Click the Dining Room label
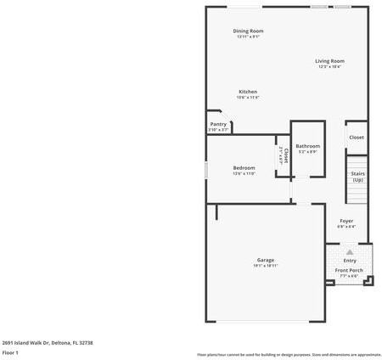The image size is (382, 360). [x=248, y=31]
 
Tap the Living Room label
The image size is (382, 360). [x=330, y=60]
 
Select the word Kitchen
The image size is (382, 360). [x=248, y=92]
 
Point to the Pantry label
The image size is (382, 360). [x=218, y=124]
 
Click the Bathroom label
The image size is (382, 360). [x=307, y=146]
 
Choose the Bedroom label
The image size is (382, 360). [x=244, y=167]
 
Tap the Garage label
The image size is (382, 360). [x=266, y=260]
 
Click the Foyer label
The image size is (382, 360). [x=346, y=221]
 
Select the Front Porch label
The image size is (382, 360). [x=348, y=270]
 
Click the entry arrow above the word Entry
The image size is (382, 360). [x=349, y=252]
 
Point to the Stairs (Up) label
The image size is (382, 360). [x=357, y=177]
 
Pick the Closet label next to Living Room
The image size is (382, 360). [x=357, y=137]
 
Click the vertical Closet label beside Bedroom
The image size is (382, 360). [x=285, y=155]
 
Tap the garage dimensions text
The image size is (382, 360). [x=266, y=266]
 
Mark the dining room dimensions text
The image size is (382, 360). [x=248, y=37]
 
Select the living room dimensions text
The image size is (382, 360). [x=330, y=66]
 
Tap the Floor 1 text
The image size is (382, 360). [x=10, y=352]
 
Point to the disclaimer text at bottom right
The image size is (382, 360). [x=289, y=354]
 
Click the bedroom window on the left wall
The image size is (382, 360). [x=206, y=168]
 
